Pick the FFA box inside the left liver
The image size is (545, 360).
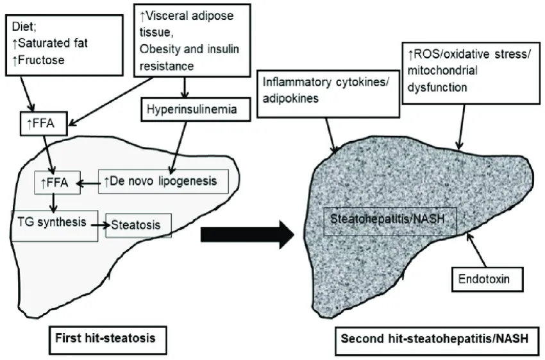click(x=55, y=185)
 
